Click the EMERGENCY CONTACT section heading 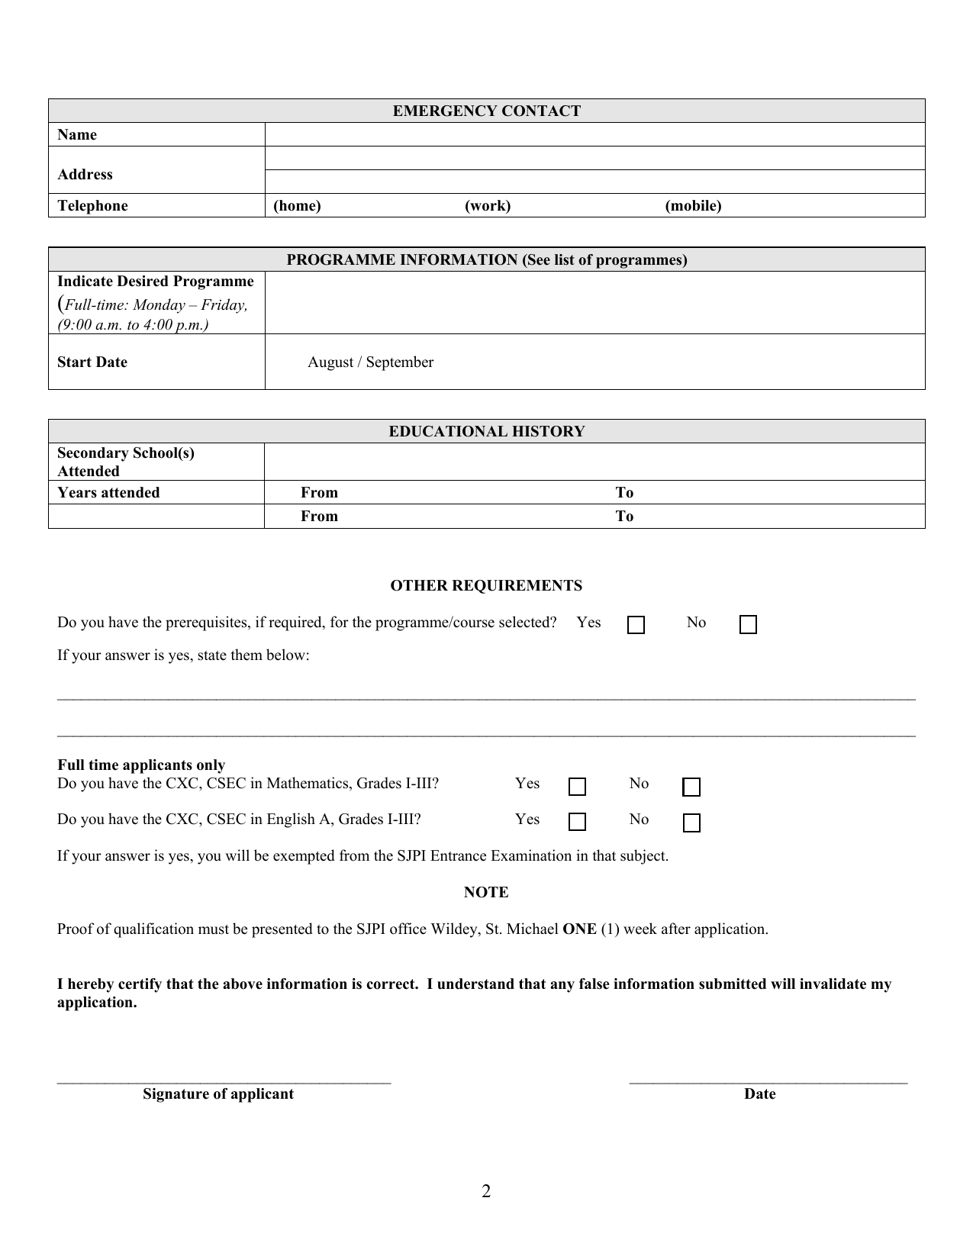pyautogui.click(x=486, y=111)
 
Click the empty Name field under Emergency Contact pyautogui.click(x=594, y=135)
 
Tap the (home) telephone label pyautogui.click(x=297, y=206)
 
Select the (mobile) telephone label pyautogui.click(x=693, y=206)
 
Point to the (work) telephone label pyautogui.click(x=488, y=206)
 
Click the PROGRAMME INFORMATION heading pyautogui.click(x=486, y=260)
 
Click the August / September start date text pyautogui.click(x=370, y=362)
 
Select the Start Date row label pyautogui.click(x=92, y=362)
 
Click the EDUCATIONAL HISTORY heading pyautogui.click(x=486, y=432)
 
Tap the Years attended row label pyautogui.click(x=108, y=493)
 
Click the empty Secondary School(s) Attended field pyautogui.click(x=594, y=462)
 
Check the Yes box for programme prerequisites pyautogui.click(x=636, y=626)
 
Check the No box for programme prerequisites pyautogui.click(x=748, y=626)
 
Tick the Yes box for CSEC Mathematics pyautogui.click(x=578, y=787)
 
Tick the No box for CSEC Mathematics pyautogui.click(x=691, y=787)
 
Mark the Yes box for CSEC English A pyautogui.click(x=578, y=823)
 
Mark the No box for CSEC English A pyautogui.click(x=691, y=823)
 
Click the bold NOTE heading pyautogui.click(x=486, y=893)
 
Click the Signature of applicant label pyautogui.click(x=218, y=1094)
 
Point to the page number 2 pyautogui.click(x=486, y=1192)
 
